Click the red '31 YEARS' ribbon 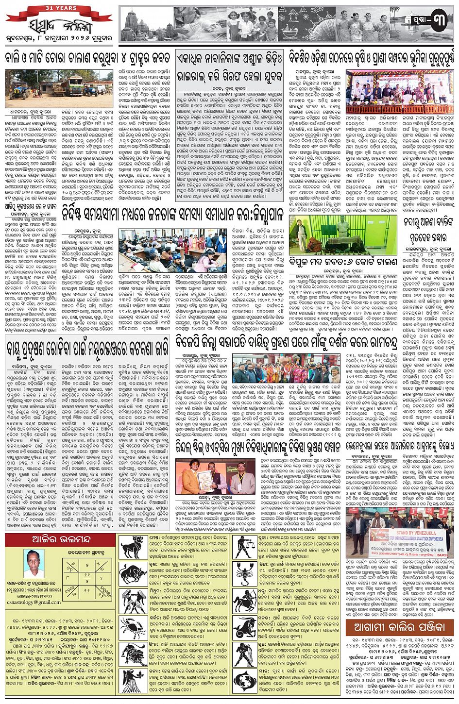point(59,8)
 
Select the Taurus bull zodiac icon point(134,573)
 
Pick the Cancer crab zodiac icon point(134,627)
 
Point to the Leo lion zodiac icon point(134,654)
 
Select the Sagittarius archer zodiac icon point(246,601)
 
